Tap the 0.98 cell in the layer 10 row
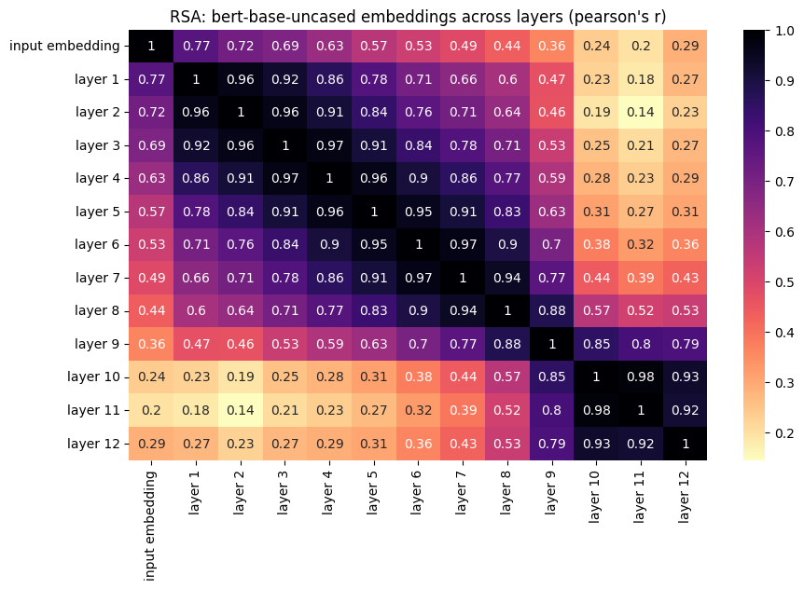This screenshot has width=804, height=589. pos(640,377)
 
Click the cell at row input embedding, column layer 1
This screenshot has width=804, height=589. pos(196,46)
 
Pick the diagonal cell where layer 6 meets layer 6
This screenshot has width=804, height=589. pos(418,244)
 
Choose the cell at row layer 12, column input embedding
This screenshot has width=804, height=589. pos(151,443)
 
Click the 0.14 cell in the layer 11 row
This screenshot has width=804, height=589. pos(240,410)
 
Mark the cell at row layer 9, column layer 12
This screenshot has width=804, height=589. pos(685,344)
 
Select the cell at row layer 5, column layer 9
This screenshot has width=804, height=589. pos(551,212)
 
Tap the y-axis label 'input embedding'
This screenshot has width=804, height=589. pos(65,46)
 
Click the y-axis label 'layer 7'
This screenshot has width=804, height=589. pos(97,278)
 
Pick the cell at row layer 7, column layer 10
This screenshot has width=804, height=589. pos(596,278)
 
